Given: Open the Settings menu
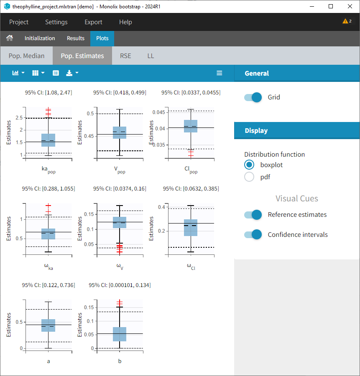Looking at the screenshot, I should coord(56,22).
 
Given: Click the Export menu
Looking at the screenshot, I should coord(93,22).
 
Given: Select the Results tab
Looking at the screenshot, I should coord(76,38).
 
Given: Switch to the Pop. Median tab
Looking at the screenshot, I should coord(26,56).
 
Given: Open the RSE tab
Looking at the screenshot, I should coord(125,56).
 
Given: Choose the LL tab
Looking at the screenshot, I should coord(151,56).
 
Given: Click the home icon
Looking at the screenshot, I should coord(10,38).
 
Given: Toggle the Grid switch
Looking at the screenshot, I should coord(253,97).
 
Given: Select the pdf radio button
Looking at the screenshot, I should coord(249,177).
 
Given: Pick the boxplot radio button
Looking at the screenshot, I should coord(249,165).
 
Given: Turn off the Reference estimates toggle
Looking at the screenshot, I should coord(253,215).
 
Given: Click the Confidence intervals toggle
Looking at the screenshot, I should coord(253,235).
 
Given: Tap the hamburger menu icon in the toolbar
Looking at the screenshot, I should coord(220,73).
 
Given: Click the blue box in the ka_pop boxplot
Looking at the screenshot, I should coord(49,140).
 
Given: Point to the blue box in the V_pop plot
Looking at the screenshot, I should coord(120,132).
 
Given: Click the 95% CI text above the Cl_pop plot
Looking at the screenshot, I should coord(191,93).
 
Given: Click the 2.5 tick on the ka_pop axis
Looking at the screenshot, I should coord(18,118).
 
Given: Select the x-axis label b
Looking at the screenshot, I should coord(120,361).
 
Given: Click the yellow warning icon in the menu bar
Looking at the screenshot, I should coord(345,21).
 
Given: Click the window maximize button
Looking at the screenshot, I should coord(331,6).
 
